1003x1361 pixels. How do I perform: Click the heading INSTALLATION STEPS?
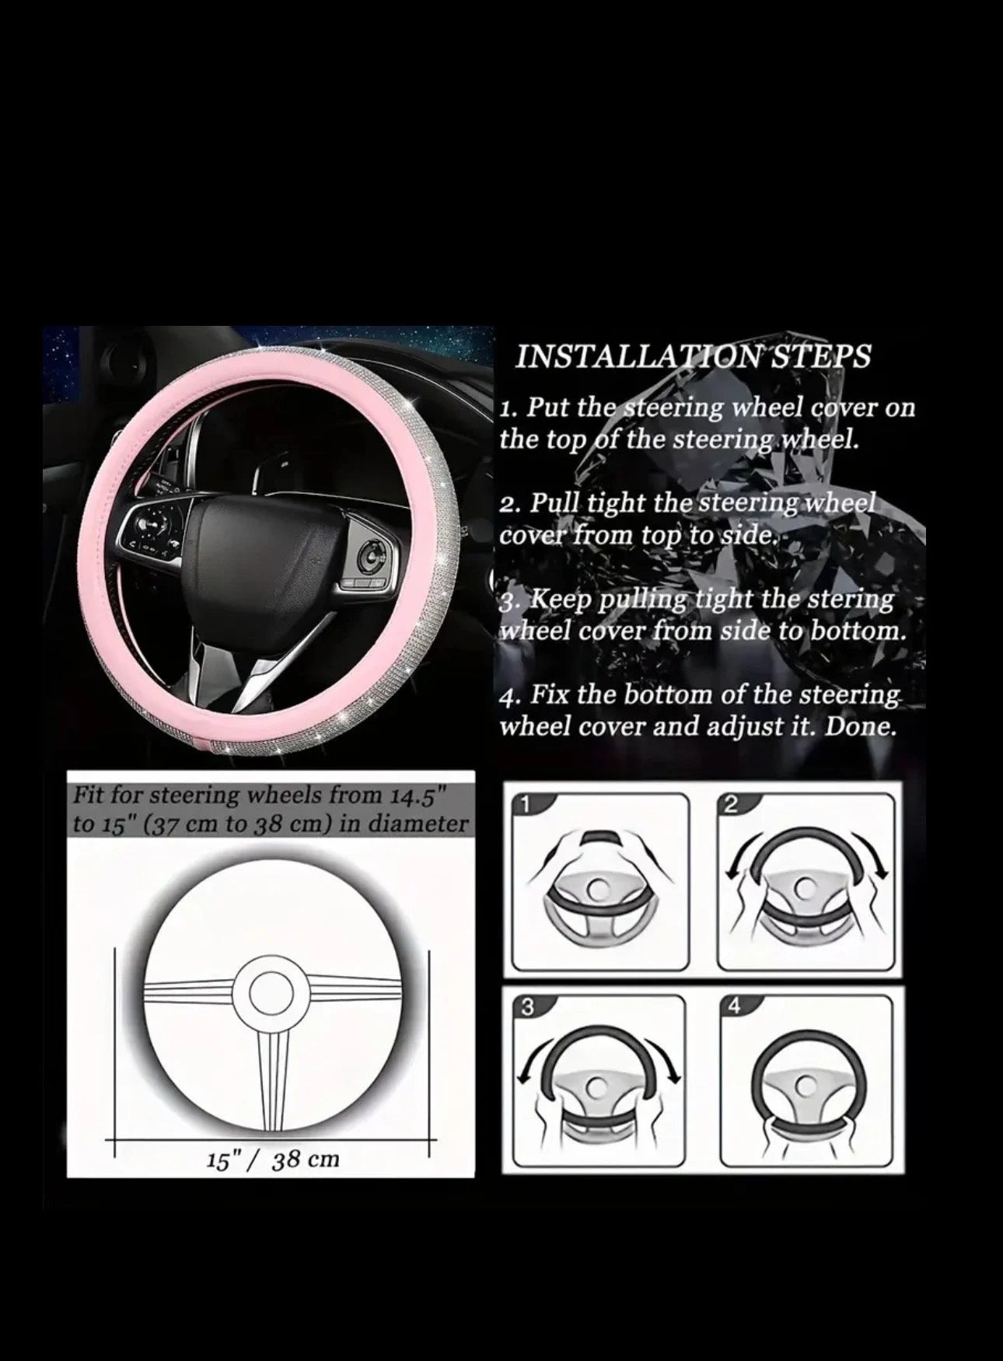[693, 357]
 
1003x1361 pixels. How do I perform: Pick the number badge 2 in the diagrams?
[729, 805]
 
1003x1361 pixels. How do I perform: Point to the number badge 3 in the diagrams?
[526, 1006]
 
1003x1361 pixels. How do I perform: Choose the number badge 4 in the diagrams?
[733, 1006]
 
